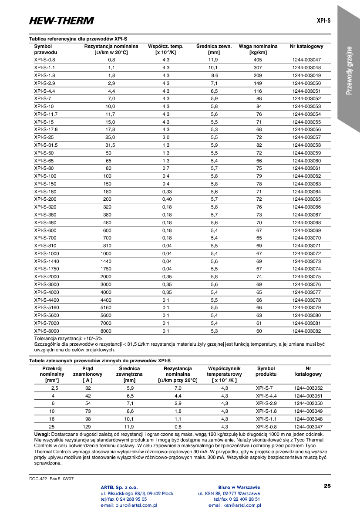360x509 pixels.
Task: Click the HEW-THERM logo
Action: click(61, 20)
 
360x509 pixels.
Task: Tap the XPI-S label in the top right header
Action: click(323, 20)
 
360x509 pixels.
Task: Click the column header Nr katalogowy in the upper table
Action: click(306, 46)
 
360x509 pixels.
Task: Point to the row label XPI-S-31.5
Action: click(46, 145)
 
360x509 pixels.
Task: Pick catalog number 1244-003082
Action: click(306, 331)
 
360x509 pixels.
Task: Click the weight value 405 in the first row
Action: click(258, 60)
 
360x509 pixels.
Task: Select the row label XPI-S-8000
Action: click(46, 331)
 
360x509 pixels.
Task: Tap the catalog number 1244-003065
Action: click(306, 199)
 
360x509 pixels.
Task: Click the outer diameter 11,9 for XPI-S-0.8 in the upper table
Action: click(213, 60)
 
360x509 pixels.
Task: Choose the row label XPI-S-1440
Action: click(46, 261)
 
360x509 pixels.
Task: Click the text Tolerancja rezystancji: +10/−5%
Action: click(68, 338)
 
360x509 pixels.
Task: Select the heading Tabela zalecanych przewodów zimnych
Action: click(100, 361)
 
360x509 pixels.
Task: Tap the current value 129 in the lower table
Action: click(88, 427)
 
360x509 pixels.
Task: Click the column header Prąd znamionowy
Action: click(87, 374)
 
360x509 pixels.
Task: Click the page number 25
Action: click(327, 485)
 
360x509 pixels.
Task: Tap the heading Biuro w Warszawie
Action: click(239, 487)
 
